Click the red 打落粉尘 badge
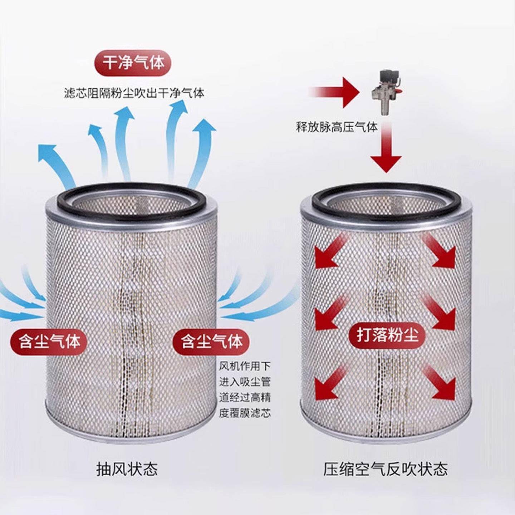tap(387, 335)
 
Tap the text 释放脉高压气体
tap(337, 127)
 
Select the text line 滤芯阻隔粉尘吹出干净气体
tap(134, 93)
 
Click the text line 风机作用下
tap(245, 366)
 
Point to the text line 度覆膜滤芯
tap(245, 413)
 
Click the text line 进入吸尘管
tap(245, 382)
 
